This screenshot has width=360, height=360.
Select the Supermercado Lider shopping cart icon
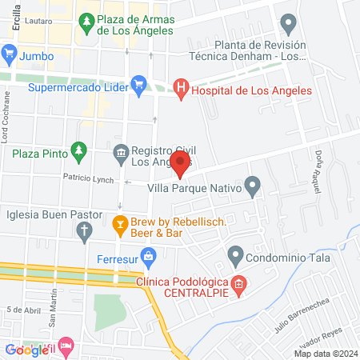click(138, 82)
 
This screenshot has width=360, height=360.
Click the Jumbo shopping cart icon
click(10, 56)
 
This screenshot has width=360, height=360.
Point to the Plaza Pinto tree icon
click(78, 150)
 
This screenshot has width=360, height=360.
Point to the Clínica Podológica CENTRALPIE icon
click(238, 284)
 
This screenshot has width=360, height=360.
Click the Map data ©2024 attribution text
click(325, 353)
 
